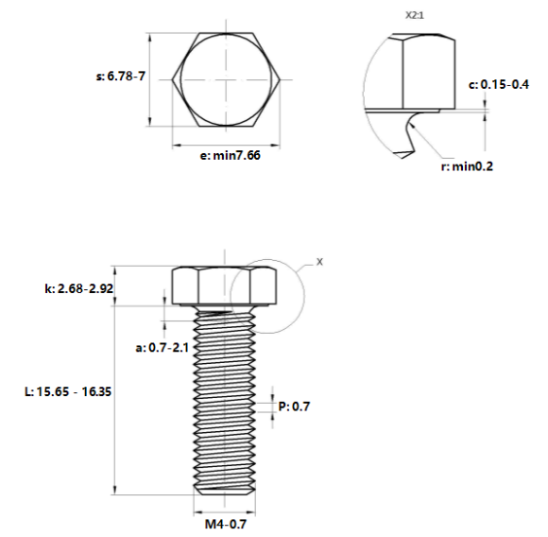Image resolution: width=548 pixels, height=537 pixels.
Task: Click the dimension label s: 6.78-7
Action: click(121, 76)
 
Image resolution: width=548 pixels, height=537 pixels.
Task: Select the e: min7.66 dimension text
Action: click(230, 155)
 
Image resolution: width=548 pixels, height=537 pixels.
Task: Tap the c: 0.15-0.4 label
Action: click(499, 84)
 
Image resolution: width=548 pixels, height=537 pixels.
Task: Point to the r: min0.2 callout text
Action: click(467, 166)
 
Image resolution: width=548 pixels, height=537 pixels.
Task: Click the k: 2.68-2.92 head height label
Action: click(79, 288)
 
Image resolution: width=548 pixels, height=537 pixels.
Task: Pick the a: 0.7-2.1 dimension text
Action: click(163, 348)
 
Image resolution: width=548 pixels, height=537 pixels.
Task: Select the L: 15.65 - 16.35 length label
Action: click(68, 391)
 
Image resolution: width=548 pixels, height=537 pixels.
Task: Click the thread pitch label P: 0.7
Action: click(294, 407)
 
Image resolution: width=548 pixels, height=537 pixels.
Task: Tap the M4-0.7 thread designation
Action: click(226, 524)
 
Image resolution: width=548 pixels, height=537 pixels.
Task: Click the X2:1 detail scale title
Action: click(415, 15)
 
